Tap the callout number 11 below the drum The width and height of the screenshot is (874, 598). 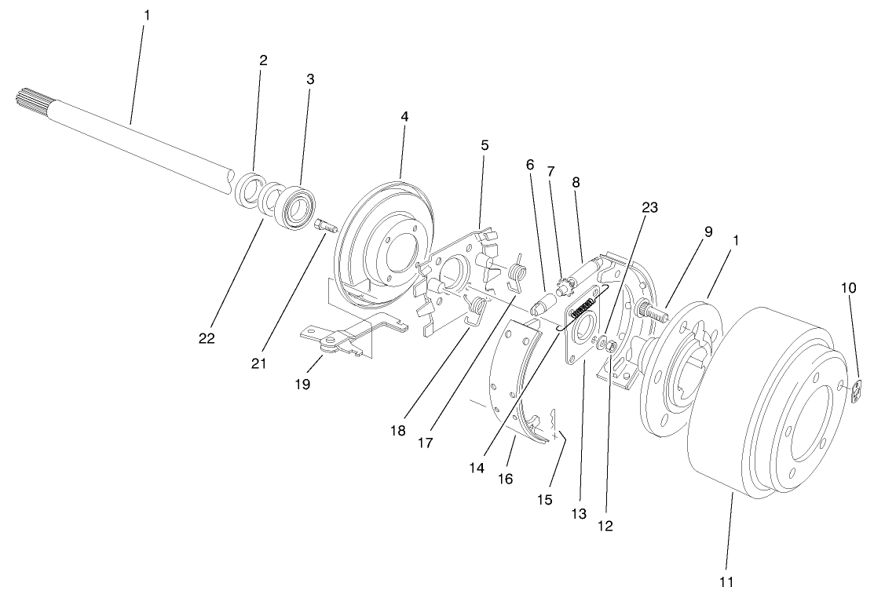coord(726,582)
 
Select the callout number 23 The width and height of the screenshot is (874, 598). coord(649,208)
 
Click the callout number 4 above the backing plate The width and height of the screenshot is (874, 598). coord(404,115)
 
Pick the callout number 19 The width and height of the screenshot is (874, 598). coord(303,385)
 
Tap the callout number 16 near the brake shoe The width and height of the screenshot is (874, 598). coord(506,477)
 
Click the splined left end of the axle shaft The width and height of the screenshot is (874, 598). coord(32,100)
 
